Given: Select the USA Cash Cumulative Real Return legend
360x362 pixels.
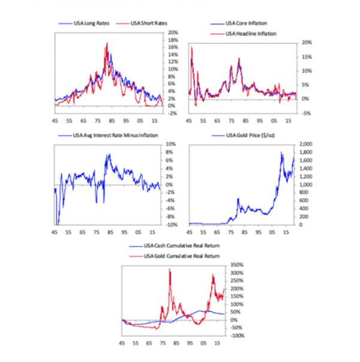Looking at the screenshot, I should (181, 246).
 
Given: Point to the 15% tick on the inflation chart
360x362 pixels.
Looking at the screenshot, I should (305, 57).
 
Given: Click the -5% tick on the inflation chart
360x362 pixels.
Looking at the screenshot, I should (306, 113).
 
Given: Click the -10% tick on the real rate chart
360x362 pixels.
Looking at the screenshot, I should (170, 225).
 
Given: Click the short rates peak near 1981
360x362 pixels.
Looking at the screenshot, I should (106, 43).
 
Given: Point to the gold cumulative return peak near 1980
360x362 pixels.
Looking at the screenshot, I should (170, 270).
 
